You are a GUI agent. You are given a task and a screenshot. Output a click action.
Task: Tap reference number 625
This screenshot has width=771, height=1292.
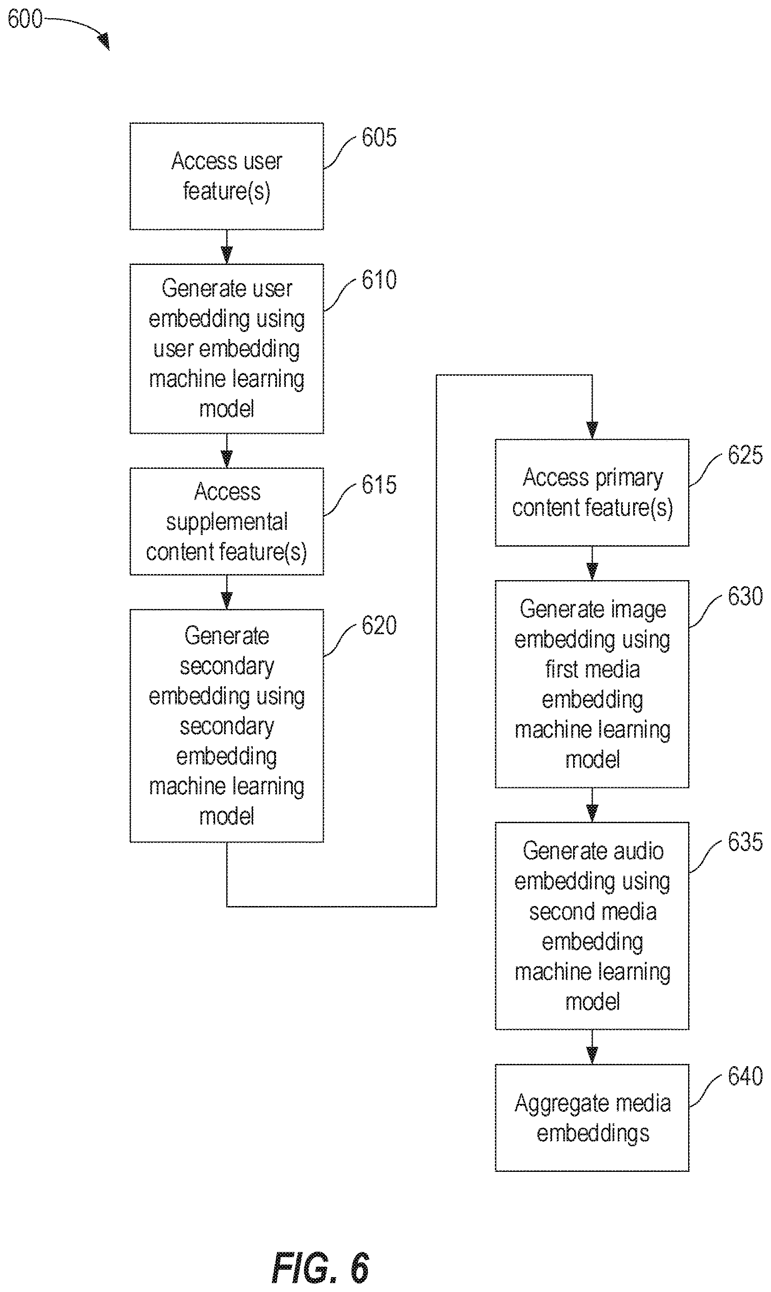[x=745, y=455]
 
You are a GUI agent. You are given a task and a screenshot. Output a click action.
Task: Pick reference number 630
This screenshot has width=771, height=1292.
[x=745, y=596]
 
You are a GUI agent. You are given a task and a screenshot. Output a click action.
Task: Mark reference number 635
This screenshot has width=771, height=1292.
[x=745, y=842]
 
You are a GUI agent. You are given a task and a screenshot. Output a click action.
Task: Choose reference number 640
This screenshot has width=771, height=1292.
[x=745, y=1076]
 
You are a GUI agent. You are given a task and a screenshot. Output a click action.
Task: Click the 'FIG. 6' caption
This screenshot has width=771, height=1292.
[x=321, y=1268]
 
